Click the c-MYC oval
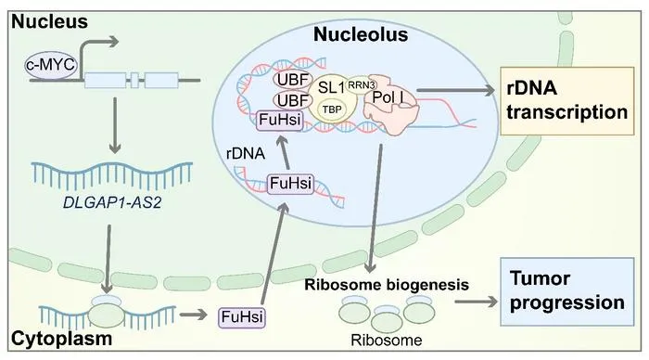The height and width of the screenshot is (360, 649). (x=51, y=65)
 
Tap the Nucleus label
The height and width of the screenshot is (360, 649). (x=50, y=21)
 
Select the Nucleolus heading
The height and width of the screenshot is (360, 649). (x=361, y=34)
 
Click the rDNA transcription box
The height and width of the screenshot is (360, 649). (x=567, y=100)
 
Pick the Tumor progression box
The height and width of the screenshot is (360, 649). (x=567, y=291)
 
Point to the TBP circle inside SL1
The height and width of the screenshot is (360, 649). (x=332, y=109)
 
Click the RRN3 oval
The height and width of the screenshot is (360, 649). (x=362, y=85)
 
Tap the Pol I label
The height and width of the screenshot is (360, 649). (x=388, y=96)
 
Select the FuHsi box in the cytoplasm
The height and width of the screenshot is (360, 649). (x=242, y=317)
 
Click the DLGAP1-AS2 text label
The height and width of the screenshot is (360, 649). (x=112, y=202)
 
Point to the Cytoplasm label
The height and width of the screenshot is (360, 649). (x=62, y=339)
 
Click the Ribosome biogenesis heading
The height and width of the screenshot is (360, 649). (x=387, y=285)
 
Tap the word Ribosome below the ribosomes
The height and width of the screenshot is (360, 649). (x=387, y=341)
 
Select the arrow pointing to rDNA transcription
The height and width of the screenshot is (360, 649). (x=455, y=90)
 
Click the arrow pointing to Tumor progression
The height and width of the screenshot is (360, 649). (x=476, y=302)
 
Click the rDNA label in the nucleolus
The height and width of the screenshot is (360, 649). (x=246, y=154)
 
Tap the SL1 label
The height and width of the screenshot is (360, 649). (x=331, y=87)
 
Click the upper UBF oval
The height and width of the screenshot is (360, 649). (x=293, y=80)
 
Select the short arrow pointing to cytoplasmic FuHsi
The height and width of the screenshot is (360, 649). (x=193, y=315)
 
